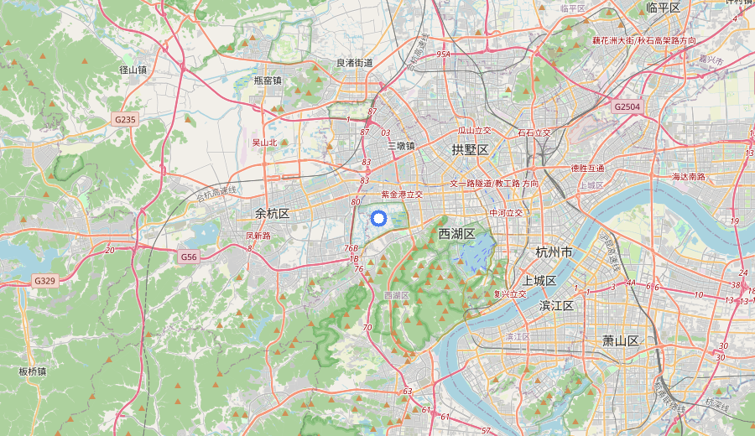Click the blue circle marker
point(377,219)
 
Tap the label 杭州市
point(555,252)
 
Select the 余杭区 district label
point(273,214)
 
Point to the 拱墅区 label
point(470,149)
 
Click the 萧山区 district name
point(621,340)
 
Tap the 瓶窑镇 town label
point(268,80)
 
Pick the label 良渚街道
point(355,63)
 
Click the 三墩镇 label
point(401,145)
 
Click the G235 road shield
point(125,120)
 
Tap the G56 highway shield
point(188,257)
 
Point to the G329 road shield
point(44,280)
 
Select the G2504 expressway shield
point(627,106)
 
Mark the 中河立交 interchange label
point(507,213)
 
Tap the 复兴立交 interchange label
point(510,293)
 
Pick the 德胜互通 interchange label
point(587,168)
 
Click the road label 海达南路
point(689,177)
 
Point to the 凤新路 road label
point(258,236)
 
